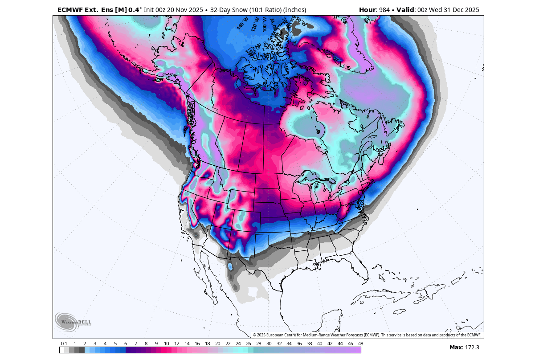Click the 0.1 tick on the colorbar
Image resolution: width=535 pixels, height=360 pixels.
(64, 344)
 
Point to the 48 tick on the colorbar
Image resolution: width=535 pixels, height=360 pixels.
(360, 344)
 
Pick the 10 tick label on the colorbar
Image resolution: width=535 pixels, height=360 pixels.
(166, 344)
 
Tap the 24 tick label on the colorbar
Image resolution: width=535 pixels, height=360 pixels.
(238, 344)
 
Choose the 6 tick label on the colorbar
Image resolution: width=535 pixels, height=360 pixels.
(126, 344)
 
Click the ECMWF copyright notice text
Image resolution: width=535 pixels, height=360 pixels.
(367, 335)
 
